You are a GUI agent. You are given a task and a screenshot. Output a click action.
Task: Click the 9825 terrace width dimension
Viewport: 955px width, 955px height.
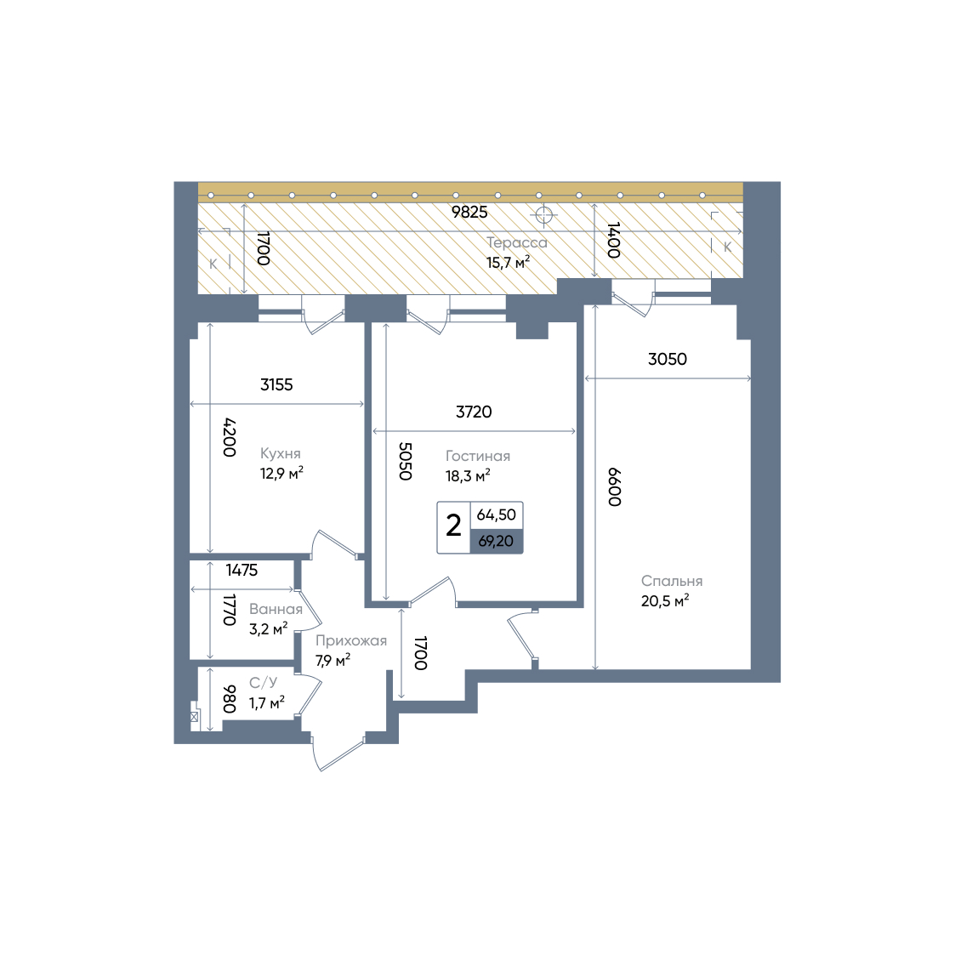[x=469, y=212]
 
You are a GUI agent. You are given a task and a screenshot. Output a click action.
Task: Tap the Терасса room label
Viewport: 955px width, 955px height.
[x=516, y=243]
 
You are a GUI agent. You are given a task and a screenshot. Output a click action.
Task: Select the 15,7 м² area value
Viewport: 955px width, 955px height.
[x=508, y=263]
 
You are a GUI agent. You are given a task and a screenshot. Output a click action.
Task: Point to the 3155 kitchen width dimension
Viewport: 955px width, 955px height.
[x=276, y=384]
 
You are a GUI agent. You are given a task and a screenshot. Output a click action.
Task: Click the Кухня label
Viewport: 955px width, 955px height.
[x=280, y=453]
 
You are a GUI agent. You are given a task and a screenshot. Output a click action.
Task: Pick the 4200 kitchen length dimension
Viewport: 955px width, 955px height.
[x=229, y=437]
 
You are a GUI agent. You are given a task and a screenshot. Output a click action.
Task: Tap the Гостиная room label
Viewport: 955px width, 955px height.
[x=478, y=456]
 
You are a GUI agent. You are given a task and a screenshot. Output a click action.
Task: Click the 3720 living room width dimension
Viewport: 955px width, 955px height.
[x=473, y=412]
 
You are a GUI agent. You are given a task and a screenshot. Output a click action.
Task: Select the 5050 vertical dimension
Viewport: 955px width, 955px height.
[x=405, y=461]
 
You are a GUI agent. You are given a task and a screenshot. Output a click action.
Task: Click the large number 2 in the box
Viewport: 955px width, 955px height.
[x=453, y=526]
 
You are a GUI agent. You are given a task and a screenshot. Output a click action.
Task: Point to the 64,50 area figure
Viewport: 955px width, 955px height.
[x=496, y=514]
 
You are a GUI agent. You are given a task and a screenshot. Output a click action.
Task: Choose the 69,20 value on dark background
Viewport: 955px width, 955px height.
[x=496, y=541]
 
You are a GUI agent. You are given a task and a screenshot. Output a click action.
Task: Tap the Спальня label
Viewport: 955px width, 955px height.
[x=672, y=581]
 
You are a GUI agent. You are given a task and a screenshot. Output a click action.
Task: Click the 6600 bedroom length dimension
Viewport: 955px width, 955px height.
[x=615, y=486]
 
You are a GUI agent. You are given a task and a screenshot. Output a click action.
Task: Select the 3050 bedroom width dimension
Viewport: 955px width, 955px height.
[x=667, y=359]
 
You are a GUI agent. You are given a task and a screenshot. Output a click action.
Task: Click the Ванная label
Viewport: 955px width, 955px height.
[x=276, y=609]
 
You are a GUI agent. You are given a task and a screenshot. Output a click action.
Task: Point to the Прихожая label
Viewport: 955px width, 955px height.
[x=351, y=640]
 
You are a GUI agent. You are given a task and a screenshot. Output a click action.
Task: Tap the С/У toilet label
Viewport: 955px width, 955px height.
[x=263, y=683]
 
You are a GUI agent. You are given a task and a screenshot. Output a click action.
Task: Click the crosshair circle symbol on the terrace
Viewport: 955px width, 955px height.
[x=543, y=215]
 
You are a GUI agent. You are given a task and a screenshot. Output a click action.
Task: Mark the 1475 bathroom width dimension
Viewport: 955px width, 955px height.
[x=242, y=570]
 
